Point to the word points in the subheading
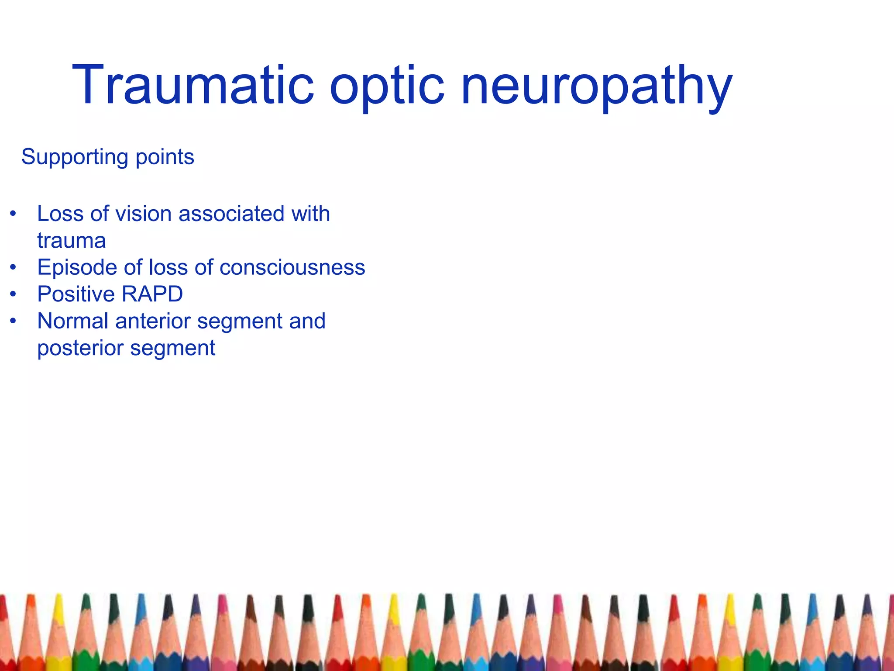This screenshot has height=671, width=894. (165, 157)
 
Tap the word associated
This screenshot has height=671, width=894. (231, 214)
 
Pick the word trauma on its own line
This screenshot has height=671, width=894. (72, 241)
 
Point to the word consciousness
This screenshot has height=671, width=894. (292, 267)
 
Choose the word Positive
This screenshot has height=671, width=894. (77, 294)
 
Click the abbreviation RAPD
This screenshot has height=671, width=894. (152, 294)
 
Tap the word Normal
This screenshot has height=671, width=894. (73, 321)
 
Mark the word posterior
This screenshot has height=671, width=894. (80, 348)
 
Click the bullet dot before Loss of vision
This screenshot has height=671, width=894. (14, 214)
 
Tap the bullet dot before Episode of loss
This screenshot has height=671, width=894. (14, 267)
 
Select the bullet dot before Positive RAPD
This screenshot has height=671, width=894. (14, 294)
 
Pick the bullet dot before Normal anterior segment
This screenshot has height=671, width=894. (14, 321)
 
